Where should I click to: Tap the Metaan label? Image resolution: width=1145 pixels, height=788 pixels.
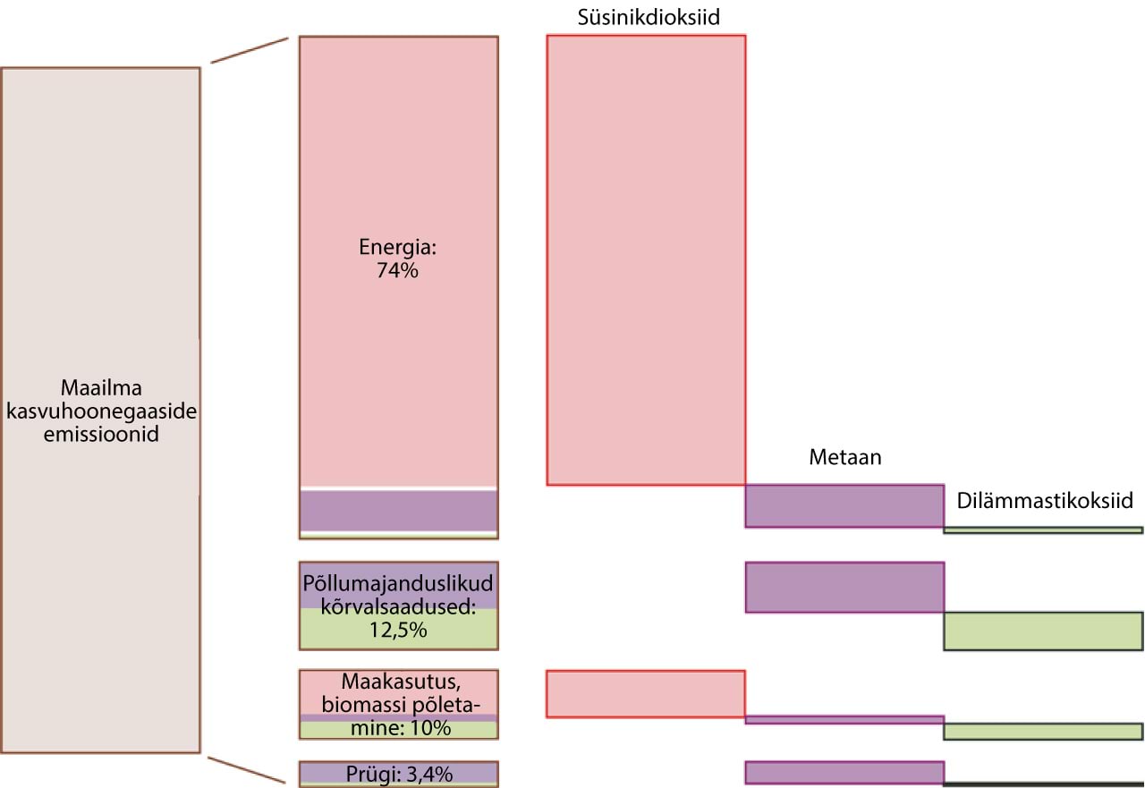[844, 458]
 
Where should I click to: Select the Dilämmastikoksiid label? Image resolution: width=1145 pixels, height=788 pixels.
[1044, 500]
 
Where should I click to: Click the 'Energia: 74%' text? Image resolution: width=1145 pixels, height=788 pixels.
[397, 258]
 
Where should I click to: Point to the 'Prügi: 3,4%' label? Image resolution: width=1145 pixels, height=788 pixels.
[398, 771]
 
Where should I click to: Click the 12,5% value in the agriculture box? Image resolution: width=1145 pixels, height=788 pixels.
[398, 630]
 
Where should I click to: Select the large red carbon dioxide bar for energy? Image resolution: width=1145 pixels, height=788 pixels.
[645, 259]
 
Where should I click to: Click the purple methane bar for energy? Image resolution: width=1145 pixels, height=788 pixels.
[844, 505]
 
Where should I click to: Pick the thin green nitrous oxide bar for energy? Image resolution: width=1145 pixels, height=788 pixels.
[1044, 530]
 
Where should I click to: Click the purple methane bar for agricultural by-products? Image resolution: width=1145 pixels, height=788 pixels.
[844, 587]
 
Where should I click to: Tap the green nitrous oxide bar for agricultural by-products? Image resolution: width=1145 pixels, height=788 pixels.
[1044, 631]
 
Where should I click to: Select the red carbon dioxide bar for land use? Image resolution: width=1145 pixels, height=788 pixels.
[645, 693]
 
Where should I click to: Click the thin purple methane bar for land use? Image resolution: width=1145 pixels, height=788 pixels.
[844, 719]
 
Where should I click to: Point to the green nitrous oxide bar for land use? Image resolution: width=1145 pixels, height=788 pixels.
[1044, 731]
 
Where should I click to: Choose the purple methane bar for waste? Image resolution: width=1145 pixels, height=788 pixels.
[844, 772]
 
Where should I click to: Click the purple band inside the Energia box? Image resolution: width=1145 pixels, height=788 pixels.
[398, 511]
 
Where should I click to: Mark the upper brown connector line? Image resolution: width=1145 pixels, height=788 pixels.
[250, 50]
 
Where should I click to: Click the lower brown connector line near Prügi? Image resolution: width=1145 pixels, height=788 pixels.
[248, 770]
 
